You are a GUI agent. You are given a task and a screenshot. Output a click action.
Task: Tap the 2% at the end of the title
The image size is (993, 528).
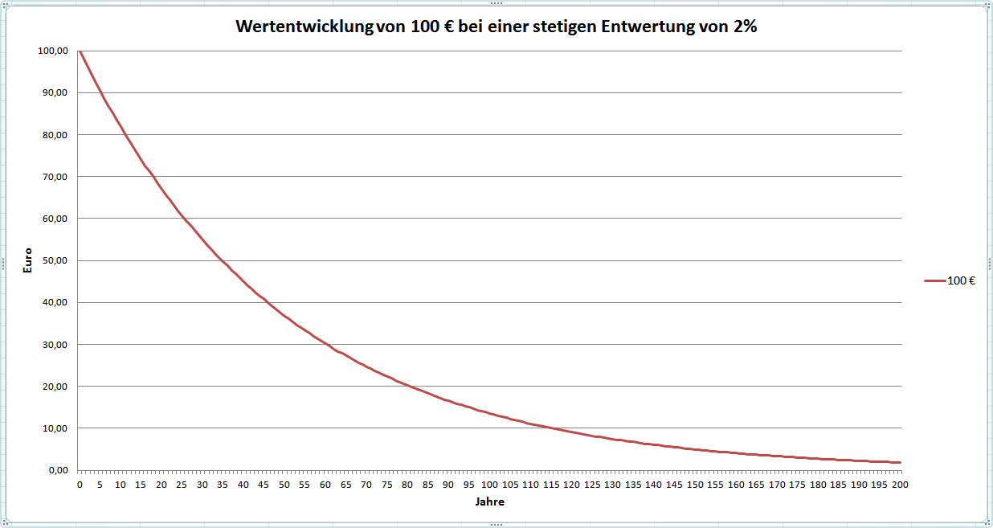[744, 26]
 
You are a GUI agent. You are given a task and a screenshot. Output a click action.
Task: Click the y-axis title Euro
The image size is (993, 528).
[28, 260]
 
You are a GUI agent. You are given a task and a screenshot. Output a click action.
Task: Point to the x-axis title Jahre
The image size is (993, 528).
[490, 501]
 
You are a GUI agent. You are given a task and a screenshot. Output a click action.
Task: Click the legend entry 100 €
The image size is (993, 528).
[962, 280]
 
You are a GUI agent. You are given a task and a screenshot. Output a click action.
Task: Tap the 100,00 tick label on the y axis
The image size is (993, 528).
[52, 51]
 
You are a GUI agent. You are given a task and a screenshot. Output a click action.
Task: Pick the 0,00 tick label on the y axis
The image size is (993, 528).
[57, 470]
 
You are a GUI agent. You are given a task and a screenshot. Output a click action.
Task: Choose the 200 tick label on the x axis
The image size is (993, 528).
[901, 485]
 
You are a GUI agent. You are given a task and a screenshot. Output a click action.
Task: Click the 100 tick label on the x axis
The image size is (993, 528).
[490, 485]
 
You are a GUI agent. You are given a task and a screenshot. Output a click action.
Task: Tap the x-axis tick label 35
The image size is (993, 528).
[223, 485]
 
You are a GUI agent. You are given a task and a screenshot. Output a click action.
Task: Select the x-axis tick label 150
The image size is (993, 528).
[695, 485]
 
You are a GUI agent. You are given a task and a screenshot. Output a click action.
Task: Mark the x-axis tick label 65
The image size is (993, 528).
[346, 485]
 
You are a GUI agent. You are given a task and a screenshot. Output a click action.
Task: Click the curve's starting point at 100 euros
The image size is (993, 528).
[80, 51]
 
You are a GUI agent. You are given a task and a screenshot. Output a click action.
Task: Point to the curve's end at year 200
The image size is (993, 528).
[901, 463]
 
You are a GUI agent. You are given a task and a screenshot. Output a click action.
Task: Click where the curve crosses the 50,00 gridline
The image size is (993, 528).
[222, 260]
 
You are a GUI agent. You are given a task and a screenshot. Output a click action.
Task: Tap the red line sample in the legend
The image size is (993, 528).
[934, 280]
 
